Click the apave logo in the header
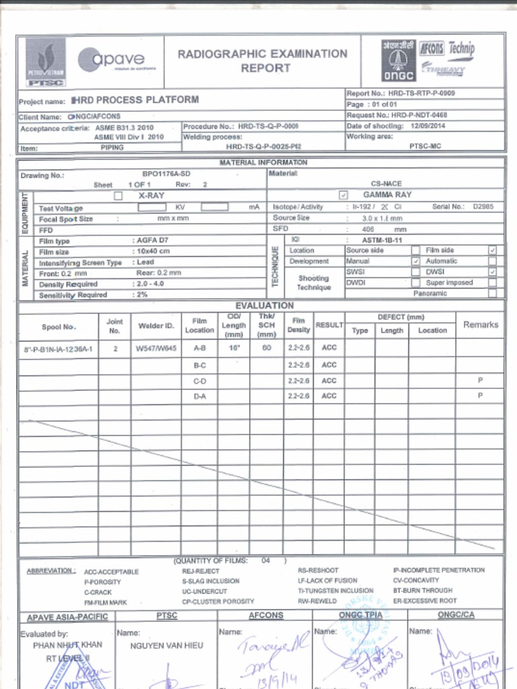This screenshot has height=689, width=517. point(116,60)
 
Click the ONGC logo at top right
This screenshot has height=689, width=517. point(398,60)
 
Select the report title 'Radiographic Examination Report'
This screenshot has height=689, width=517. point(263,61)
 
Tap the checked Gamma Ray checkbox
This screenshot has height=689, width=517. point(343,195)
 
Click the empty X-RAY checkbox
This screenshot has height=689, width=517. point(118,196)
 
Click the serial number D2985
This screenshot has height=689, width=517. point(483,207)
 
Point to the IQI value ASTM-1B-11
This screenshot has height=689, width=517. point(382,240)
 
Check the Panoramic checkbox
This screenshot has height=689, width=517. point(492,293)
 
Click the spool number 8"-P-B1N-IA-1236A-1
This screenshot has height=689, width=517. point(58,350)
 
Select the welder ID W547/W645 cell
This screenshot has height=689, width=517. point(156,349)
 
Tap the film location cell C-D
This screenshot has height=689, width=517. point(199,381)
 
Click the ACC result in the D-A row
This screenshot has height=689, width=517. point(329,396)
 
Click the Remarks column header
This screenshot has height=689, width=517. point(480,324)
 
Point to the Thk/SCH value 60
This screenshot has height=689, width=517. point(267,349)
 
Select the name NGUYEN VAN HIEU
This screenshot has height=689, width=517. point(166,645)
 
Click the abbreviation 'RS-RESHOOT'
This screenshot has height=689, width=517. point(318,570)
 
